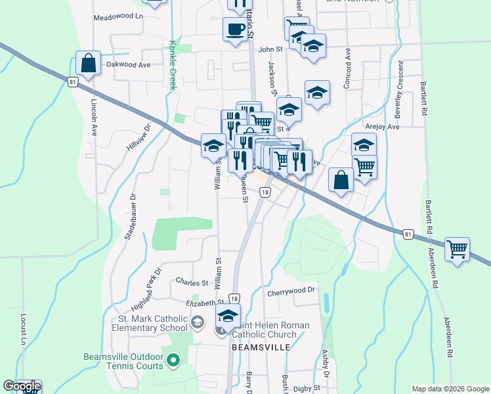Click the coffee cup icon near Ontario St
click(x=235, y=29)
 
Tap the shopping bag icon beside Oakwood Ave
click(x=88, y=63)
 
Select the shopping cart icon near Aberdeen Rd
click(x=457, y=250)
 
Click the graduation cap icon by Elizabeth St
click(x=228, y=316)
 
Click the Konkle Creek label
click(x=173, y=65)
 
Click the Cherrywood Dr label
click(x=291, y=290)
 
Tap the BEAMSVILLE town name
click(x=259, y=347)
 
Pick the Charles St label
click(x=192, y=282)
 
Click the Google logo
click(x=22, y=387)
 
